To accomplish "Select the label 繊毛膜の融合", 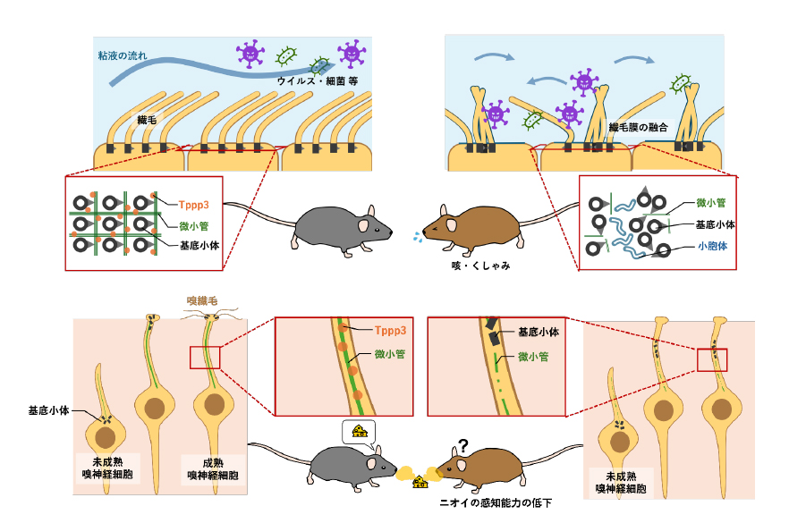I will (639, 128).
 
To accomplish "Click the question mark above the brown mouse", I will (463, 445).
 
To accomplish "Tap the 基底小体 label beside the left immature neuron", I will (49, 413).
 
